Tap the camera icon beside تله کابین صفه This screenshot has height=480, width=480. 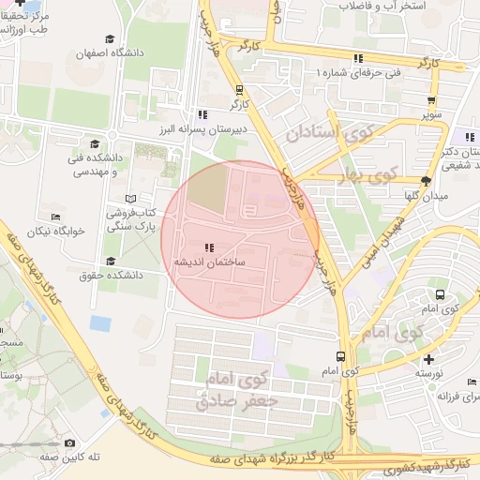69,443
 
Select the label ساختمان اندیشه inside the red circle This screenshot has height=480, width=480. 208,262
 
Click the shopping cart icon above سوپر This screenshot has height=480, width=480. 430,102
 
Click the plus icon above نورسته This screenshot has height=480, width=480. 428,359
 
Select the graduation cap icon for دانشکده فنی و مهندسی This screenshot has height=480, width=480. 94,143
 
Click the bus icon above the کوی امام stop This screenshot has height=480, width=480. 339,357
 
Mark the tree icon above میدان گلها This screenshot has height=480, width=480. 427,181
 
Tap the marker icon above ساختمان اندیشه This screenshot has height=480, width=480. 208,247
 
